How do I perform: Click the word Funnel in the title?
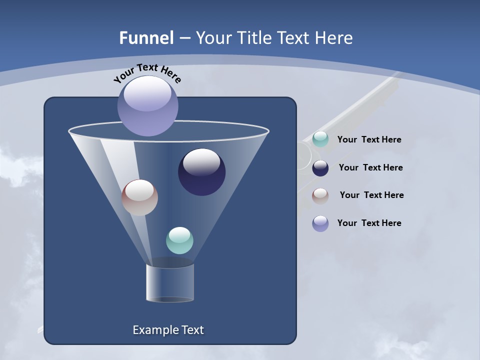pos(146,38)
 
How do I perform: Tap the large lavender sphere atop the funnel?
pos(148,106)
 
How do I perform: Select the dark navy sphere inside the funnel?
pos(201,172)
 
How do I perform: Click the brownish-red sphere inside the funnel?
pos(139,197)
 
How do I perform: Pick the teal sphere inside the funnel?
pos(179,240)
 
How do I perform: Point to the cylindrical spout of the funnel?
pos(170,282)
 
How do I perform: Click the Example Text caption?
pos(168,330)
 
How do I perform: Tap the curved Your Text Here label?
pos(147,73)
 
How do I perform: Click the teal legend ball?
pos(320,139)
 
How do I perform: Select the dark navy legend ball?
pos(320,168)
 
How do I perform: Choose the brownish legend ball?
pos(320,195)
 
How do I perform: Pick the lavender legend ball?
pos(320,223)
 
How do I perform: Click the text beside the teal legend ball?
pos(369,139)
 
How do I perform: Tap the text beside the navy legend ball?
pos(370,167)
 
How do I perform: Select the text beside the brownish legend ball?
pos(371,195)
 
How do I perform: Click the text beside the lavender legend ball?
pos(369,223)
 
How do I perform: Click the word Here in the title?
pos(334,38)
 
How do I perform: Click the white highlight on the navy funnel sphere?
pos(201,162)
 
